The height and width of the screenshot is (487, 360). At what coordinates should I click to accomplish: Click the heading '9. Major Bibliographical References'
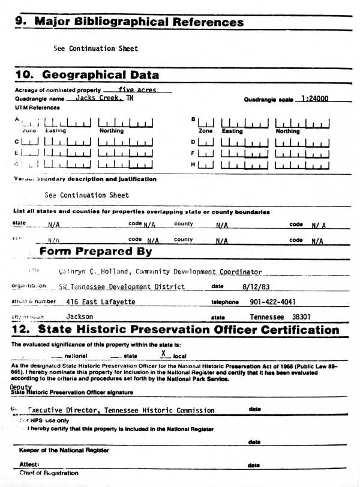point(130,22)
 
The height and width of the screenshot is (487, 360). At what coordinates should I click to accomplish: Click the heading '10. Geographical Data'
point(88,75)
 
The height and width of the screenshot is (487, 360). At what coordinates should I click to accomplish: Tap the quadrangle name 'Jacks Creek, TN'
point(100,98)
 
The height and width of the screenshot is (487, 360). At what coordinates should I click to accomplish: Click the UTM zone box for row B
point(205,124)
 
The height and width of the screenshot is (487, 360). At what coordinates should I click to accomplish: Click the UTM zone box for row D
point(205,142)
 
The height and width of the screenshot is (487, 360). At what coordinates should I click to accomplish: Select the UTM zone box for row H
point(205,164)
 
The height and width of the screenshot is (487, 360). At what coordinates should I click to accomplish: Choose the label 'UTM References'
point(37,107)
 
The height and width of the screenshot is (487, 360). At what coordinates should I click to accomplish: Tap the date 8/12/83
point(253,286)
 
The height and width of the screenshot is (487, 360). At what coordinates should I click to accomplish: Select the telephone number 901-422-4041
point(272,301)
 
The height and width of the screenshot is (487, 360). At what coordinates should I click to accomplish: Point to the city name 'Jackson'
point(80,316)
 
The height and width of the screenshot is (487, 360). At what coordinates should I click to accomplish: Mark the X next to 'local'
point(163,354)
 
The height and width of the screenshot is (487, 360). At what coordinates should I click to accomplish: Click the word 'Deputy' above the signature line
point(22,387)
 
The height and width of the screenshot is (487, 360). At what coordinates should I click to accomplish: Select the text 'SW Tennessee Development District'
point(122,286)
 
